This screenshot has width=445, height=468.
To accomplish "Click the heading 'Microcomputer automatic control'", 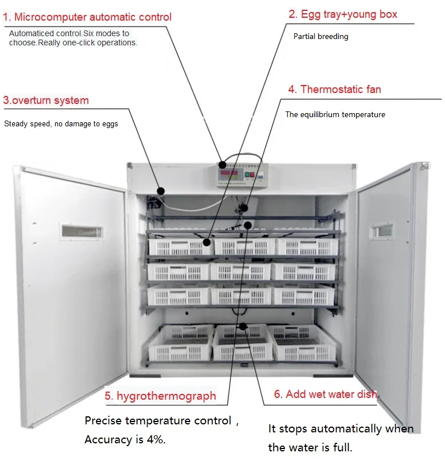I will (x=87, y=17).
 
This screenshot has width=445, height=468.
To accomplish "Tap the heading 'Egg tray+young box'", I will (x=343, y=14).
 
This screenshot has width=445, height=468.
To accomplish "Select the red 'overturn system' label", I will (x=46, y=100).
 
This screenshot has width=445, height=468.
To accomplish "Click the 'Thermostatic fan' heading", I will (x=334, y=90).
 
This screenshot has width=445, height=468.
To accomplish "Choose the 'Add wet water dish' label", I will (x=326, y=394).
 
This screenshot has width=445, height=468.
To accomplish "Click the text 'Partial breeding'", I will (x=320, y=37).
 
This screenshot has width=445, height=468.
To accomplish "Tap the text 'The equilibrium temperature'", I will (x=335, y=115).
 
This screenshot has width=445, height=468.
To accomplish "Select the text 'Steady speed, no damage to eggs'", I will (x=61, y=123).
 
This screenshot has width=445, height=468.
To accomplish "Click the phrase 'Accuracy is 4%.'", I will (x=125, y=440).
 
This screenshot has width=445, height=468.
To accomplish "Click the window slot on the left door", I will (x=82, y=232).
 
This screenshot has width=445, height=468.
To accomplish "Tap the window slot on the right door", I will (x=380, y=230).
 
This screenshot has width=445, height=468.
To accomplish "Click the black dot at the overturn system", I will (x=161, y=191).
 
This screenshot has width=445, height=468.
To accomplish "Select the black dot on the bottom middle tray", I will (x=243, y=326).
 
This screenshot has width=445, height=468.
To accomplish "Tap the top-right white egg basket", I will (x=304, y=246).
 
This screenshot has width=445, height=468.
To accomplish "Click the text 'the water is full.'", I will (x=310, y=447).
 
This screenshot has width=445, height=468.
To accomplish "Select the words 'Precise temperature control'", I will (x=157, y=420).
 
